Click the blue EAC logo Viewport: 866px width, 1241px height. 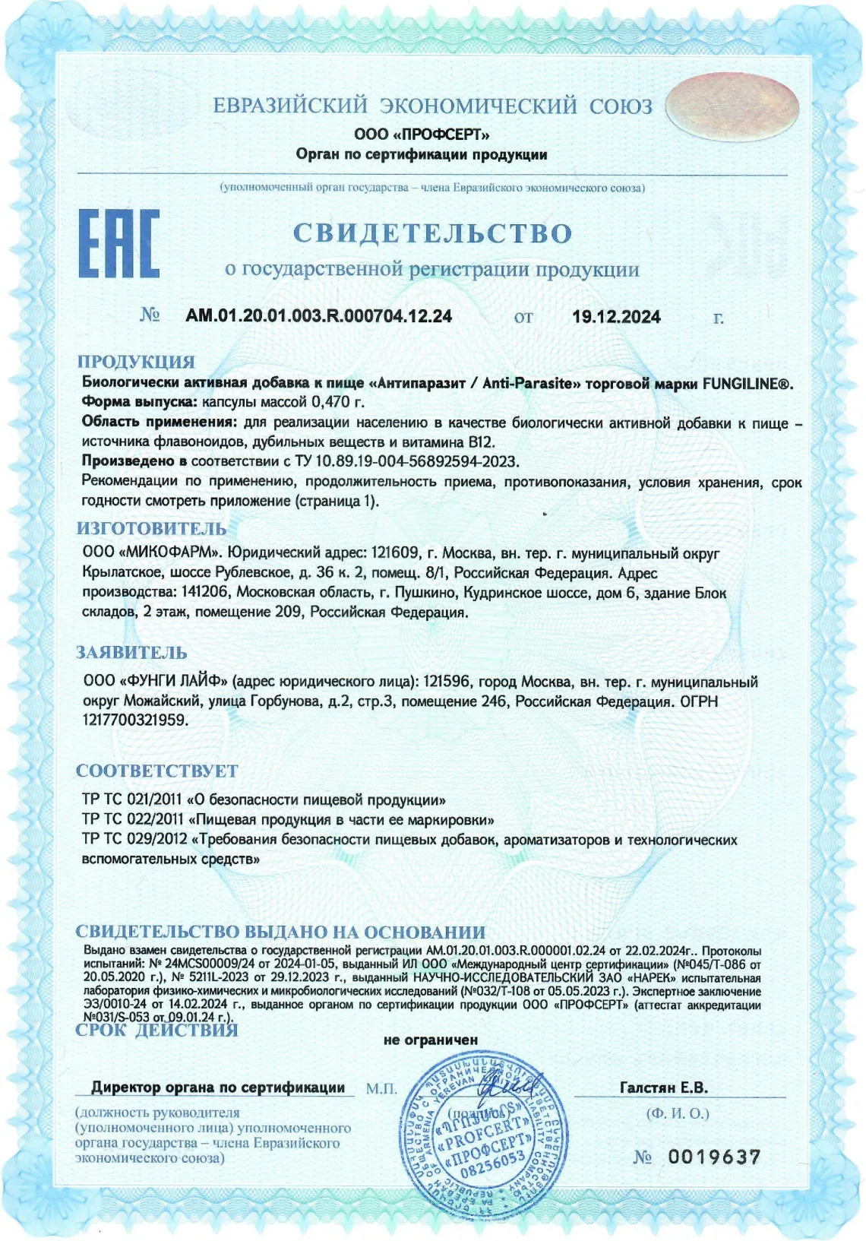point(119,244)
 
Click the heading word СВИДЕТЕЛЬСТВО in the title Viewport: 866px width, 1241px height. point(432,233)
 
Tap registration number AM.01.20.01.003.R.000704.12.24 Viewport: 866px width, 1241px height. point(318,316)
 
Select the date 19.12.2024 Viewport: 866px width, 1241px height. point(616,317)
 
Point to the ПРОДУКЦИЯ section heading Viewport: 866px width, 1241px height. point(136,362)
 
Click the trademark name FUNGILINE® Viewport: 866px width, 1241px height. point(747,384)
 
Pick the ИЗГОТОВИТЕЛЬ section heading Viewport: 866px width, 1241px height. point(151,529)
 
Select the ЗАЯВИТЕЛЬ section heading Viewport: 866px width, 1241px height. point(131,653)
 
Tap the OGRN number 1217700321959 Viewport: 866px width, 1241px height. point(134,720)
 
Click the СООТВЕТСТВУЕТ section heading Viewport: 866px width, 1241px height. point(156,771)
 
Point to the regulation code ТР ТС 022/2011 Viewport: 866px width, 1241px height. point(133,820)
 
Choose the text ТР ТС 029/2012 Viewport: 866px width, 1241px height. point(134,841)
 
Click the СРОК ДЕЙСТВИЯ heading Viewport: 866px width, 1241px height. point(156,1030)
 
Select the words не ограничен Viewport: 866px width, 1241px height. point(431,1040)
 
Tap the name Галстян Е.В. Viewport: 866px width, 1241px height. point(663,1087)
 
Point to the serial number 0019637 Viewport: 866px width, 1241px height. point(713,1157)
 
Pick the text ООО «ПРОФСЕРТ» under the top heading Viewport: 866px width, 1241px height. point(422,135)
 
